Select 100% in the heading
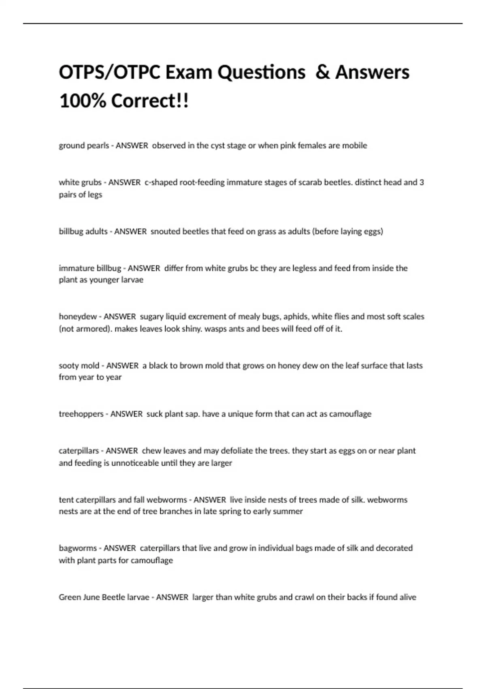tap(82, 101)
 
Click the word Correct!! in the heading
tap(150, 101)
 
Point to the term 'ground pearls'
tap(83, 146)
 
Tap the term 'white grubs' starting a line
tap(80, 182)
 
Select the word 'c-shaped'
tap(161, 182)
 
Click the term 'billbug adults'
tap(83, 231)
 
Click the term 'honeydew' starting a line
tap(78, 317)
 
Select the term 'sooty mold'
tap(79, 366)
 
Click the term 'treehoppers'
tap(81, 414)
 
